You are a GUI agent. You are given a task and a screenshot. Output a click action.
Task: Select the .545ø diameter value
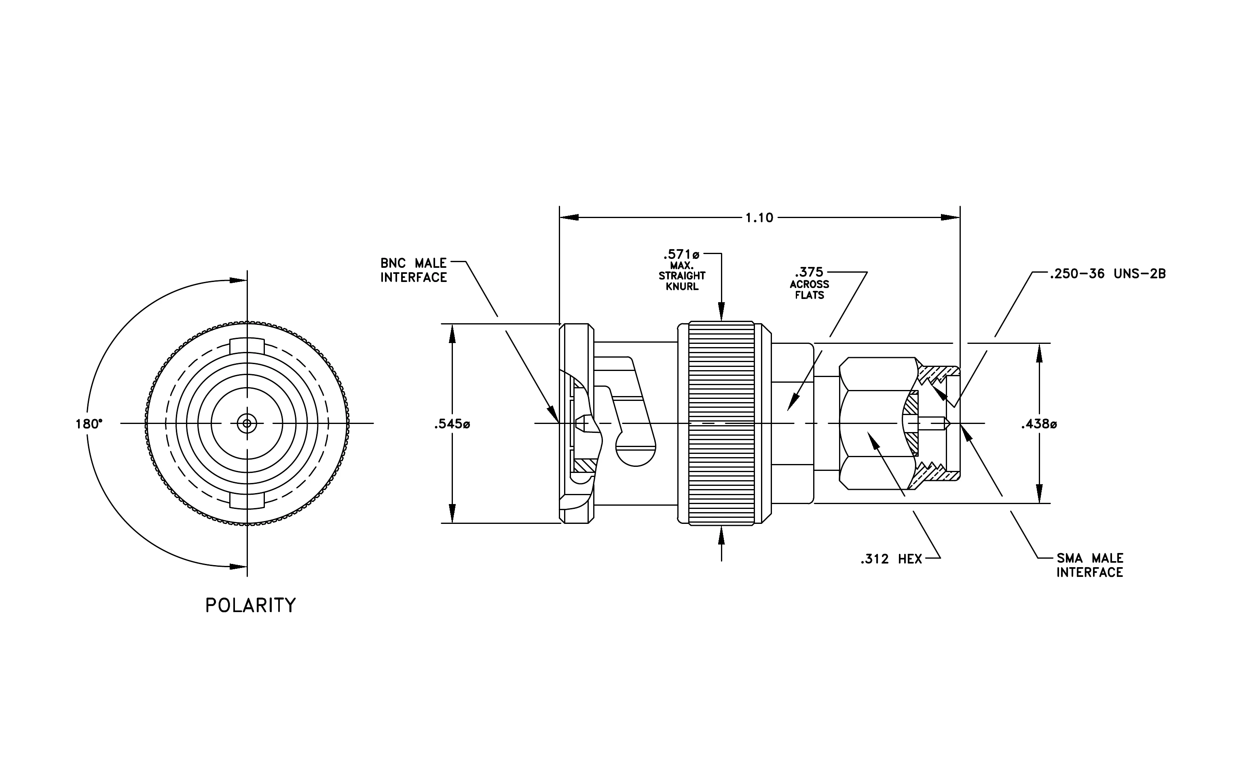tap(452, 424)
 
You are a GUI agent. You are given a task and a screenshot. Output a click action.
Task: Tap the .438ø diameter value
tap(1039, 424)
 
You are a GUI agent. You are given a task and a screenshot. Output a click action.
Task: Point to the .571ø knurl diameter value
tap(681, 254)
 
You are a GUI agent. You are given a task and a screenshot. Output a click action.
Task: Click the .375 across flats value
tap(809, 272)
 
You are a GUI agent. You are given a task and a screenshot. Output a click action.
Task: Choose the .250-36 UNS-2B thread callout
tap(1108, 274)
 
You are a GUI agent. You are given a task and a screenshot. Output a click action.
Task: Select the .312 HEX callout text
tap(891, 559)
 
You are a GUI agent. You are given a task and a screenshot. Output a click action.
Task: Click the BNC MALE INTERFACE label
tap(414, 271)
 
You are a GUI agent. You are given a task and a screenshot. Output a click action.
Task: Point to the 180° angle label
tap(89, 424)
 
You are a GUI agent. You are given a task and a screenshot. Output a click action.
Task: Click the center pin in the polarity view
tap(247, 424)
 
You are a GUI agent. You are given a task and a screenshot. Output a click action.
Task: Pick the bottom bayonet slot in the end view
tap(247, 501)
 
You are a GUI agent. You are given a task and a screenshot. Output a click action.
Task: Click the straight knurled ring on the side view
tap(721, 424)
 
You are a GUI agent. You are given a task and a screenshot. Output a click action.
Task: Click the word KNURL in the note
tap(682, 286)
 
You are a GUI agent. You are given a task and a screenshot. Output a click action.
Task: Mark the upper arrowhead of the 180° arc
tap(238, 280)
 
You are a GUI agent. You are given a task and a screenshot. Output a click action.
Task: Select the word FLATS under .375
tap(809, 295)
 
